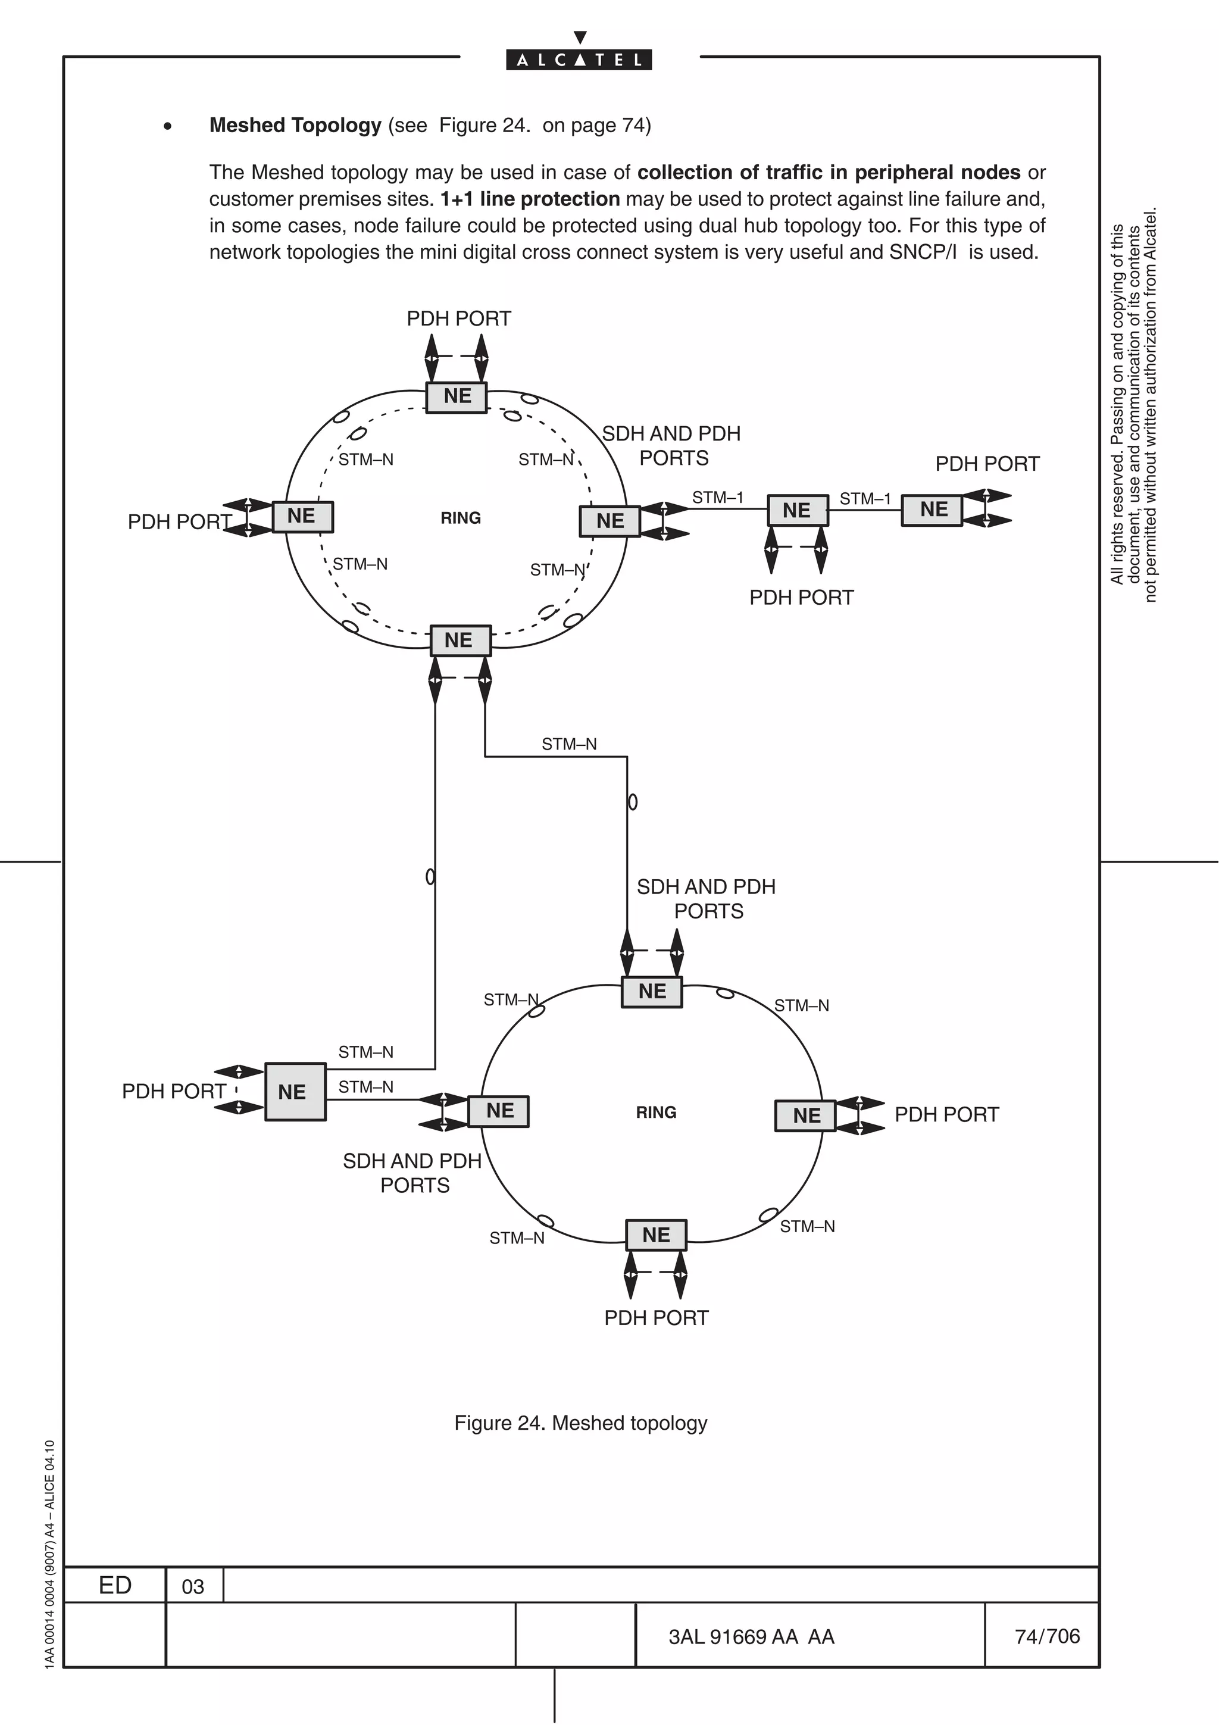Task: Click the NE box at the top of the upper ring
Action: click(457, 396)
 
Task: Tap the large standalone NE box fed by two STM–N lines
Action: click(295, 1092)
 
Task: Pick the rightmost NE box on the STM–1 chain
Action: click(932, 510)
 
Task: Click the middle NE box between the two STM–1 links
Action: click(797, 511)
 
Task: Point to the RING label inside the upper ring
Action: click(461, 518)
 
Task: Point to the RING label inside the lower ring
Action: click(656, 1112)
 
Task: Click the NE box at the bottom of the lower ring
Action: click(656, 1235)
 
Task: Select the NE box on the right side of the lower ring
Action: click(805, 1115)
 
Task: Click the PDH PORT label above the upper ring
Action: click(458, 318)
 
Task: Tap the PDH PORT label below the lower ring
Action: click(656, 1318)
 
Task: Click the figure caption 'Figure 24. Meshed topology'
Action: click(580, 1423)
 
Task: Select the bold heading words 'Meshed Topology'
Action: click(295, 126)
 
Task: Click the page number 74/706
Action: click(1046, 1636)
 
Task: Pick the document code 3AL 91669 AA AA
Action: click(751, 1637)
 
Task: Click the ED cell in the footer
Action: click(115, 1585)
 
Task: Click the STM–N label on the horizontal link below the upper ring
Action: click(568, 745)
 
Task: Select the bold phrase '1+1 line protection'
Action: click(530, 199)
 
